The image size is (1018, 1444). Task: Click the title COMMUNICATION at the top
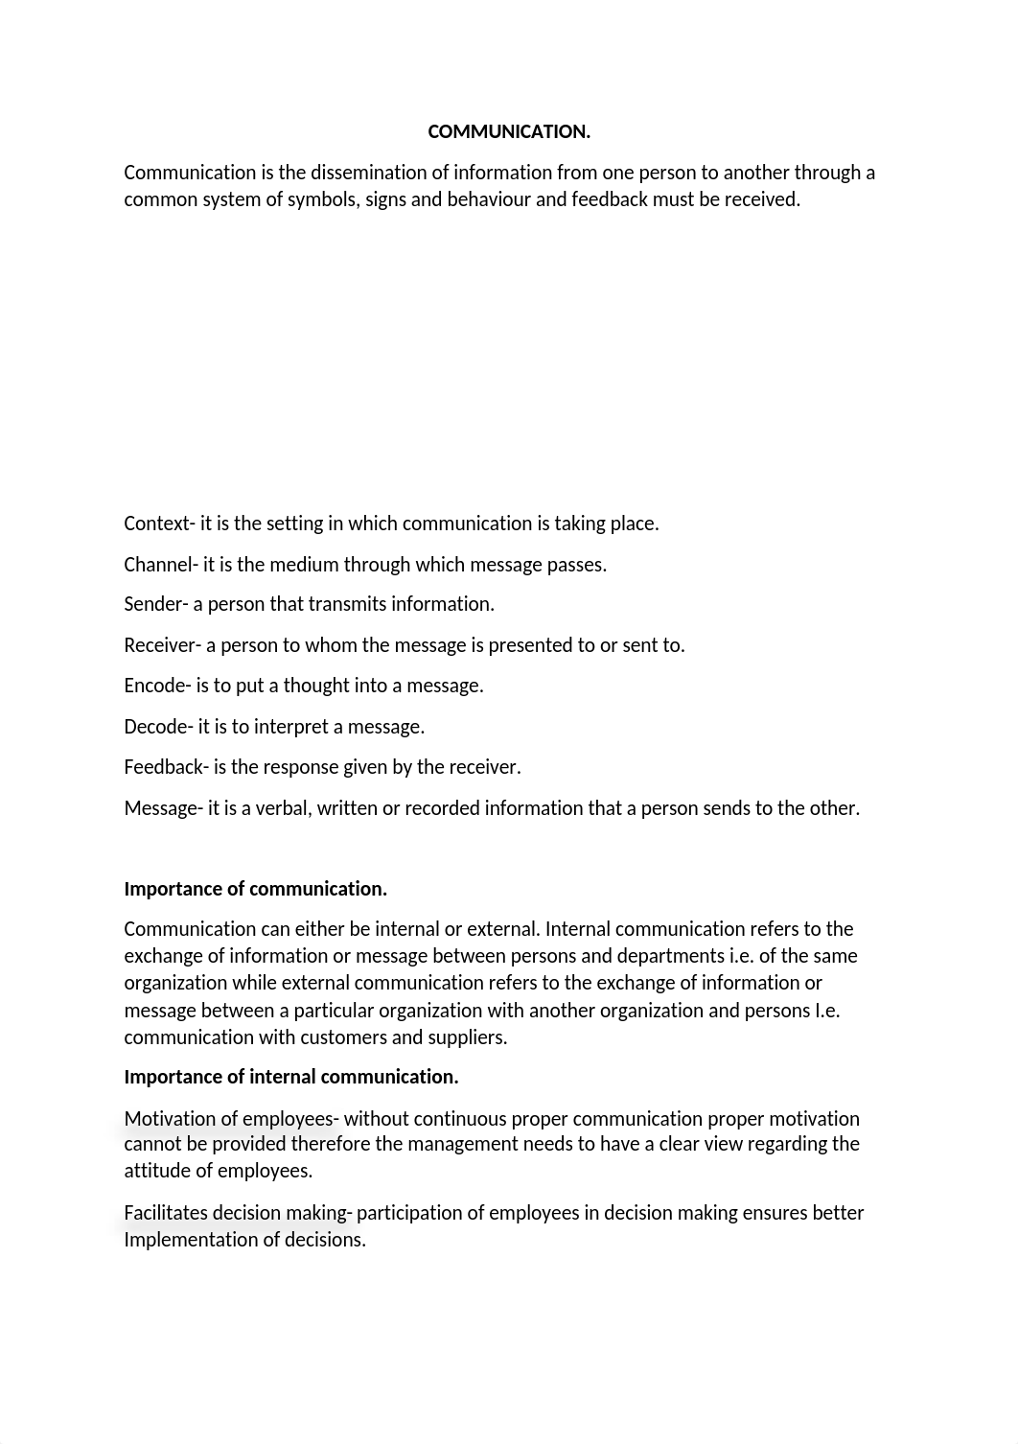508,132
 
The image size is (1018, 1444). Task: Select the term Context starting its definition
157,524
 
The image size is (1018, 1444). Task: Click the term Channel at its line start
158,565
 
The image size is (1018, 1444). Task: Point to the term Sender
152,604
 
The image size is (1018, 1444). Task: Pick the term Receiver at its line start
159,645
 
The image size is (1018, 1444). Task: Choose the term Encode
153,686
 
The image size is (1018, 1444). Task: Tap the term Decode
155,727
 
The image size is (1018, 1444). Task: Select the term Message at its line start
160,808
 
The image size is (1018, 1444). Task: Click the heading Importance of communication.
255,889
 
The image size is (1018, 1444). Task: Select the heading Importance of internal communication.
291,1077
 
